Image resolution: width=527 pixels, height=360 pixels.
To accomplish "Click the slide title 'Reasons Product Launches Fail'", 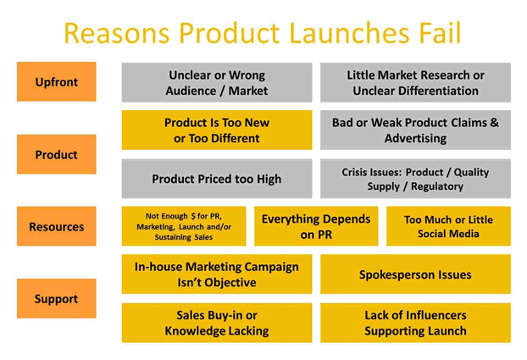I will [x=262, y=33].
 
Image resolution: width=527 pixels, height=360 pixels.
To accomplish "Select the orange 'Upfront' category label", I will [x=56, y=82].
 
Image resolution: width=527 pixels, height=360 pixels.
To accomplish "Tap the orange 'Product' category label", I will [x=56, y=155].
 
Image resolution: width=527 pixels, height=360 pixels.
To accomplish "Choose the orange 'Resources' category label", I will [x=56, y=227].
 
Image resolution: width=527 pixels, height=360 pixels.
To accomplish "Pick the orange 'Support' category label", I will [x=56, y=299].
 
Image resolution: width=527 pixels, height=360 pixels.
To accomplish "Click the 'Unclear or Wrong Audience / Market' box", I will [x=216, y=83].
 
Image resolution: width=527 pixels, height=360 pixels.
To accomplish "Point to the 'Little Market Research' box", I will [x=415, y=83].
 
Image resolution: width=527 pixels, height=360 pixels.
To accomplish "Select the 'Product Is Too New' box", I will [x=216, y=130].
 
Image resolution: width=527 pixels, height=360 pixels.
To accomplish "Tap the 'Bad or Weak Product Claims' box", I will [x=415, y=130].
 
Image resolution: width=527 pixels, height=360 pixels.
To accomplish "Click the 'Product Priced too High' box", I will [x=216, y=179].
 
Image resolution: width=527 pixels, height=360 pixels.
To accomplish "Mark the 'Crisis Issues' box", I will [x=415, y=179].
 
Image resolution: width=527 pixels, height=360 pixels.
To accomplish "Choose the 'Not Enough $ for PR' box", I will [x=184, y=227].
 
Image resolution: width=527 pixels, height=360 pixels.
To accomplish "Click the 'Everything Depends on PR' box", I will [x=315, y=227].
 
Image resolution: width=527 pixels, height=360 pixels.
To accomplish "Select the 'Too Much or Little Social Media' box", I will [x=448, y=227].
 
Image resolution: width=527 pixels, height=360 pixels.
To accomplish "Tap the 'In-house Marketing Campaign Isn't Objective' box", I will [x=216, y=274].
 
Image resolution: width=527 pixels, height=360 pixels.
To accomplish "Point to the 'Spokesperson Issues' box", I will [x=415, y=274].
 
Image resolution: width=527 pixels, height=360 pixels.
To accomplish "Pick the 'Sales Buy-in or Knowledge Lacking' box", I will [x=216, y=323].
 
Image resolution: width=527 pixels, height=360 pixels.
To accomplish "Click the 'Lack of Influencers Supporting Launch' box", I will [x=415, y=323].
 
